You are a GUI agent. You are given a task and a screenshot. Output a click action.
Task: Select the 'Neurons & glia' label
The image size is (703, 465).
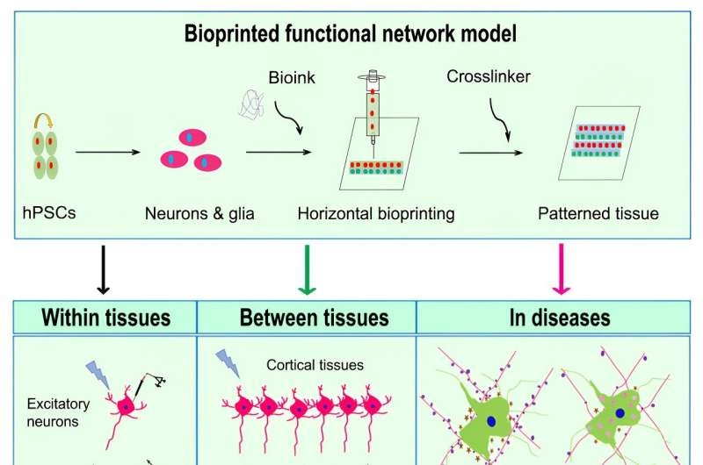199,213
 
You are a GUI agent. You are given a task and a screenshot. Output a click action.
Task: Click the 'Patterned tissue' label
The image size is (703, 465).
598,213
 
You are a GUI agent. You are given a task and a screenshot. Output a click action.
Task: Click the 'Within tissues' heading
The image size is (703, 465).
105,317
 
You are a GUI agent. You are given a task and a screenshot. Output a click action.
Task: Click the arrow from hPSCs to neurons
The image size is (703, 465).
108,153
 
